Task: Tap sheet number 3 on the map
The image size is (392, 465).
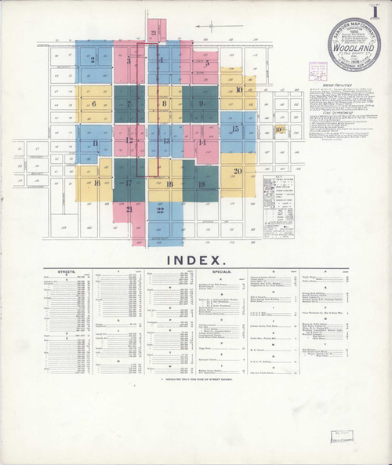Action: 128,60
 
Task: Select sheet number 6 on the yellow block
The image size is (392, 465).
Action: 94,104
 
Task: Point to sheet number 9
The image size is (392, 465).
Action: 202,104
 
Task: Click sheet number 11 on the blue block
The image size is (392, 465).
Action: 94,143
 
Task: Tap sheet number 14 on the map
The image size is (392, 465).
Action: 201,143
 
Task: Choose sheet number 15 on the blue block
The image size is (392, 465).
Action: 235,128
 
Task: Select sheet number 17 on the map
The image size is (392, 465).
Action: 128,183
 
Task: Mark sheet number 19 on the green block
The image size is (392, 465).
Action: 201,184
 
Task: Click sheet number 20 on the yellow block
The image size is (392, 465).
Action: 238,171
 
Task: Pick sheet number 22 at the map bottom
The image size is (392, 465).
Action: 160,209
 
